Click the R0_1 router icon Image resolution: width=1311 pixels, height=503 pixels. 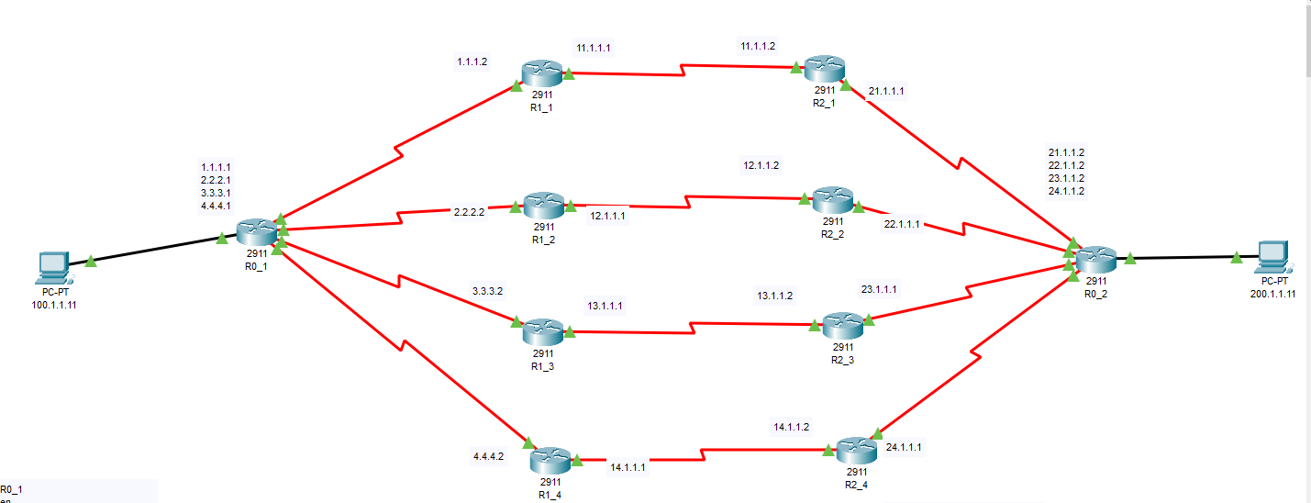[256, 230]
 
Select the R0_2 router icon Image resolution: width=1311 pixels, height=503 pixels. [1096, 258]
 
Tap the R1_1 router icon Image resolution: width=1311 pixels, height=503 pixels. [543, 72]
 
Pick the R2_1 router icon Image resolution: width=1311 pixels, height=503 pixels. [824, 68]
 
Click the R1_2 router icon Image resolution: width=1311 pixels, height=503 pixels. [544, 205]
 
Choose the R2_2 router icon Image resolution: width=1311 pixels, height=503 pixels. [832, 199]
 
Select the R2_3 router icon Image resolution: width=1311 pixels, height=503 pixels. [842, 324]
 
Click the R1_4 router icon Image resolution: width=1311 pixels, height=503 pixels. [550, 459]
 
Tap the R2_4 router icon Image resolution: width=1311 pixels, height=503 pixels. [850, 450]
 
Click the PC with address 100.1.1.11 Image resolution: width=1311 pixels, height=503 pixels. [53, 267]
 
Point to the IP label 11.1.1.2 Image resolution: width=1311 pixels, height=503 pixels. [759, 46]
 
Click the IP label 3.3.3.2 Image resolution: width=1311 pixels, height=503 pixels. [488, 291]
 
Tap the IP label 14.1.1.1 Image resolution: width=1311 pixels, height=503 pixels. [628, 467]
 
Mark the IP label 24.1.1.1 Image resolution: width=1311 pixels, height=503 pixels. [904, 447]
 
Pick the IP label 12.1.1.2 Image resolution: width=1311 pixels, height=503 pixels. [761, 166]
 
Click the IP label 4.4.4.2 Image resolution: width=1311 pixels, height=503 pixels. [488, 456]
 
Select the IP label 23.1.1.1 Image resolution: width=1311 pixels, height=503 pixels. [879, 289]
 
